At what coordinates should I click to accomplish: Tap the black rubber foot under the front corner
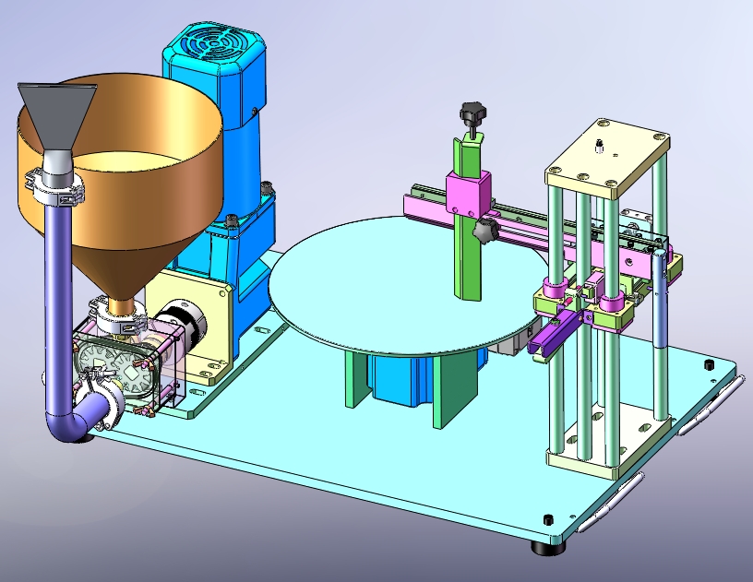point(547,547)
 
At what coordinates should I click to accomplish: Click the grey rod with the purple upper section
point(662,304)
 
